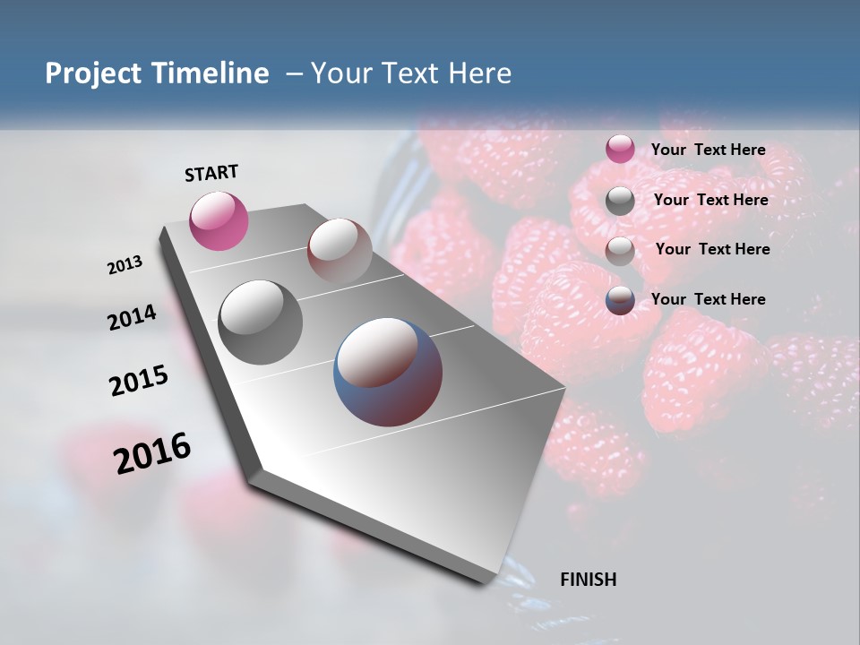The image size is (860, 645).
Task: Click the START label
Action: point(211,173)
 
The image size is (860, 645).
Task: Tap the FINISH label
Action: point(588,580)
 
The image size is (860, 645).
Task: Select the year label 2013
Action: point(125,265)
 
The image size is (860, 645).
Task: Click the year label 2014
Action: point(132,318)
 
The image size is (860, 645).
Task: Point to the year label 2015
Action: point(138,381)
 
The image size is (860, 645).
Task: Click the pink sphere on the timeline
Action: point(219,220)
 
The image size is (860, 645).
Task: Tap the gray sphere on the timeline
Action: point(261,322)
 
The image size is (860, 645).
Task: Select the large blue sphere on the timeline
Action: point(388,372)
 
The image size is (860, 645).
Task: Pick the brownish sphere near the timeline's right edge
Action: point(340,251)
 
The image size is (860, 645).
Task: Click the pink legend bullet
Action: point(620,150)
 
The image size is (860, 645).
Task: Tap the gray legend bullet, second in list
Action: point(620,201)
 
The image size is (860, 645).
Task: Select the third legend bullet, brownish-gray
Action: point(620,251)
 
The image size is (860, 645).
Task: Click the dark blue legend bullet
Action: point(620,300)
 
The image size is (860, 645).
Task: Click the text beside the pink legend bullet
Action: point(708,150)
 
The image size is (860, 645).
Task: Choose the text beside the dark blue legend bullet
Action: point(708,299)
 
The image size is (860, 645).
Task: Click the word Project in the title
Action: point(92,73)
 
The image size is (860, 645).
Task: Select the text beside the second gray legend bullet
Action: point(710,200)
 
